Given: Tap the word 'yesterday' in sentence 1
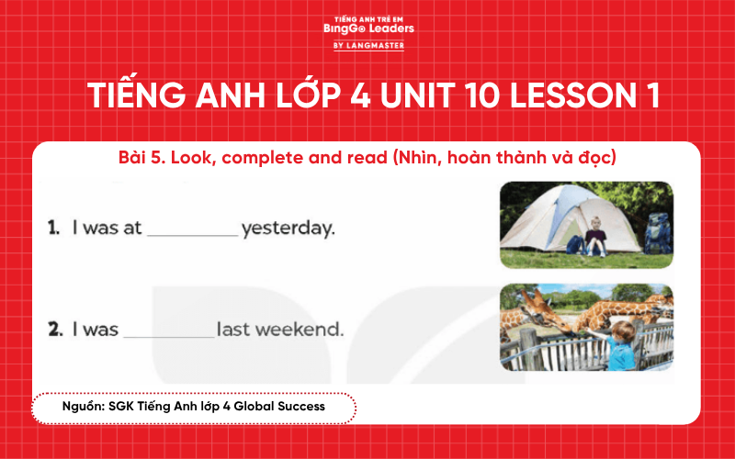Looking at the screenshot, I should (288, 229).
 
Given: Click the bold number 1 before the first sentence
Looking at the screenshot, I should (53, 228).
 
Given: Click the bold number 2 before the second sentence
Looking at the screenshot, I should (54, 328).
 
